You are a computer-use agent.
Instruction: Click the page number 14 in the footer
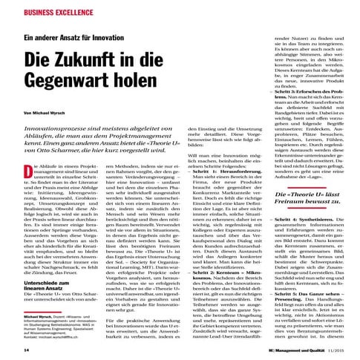click(27, 349)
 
